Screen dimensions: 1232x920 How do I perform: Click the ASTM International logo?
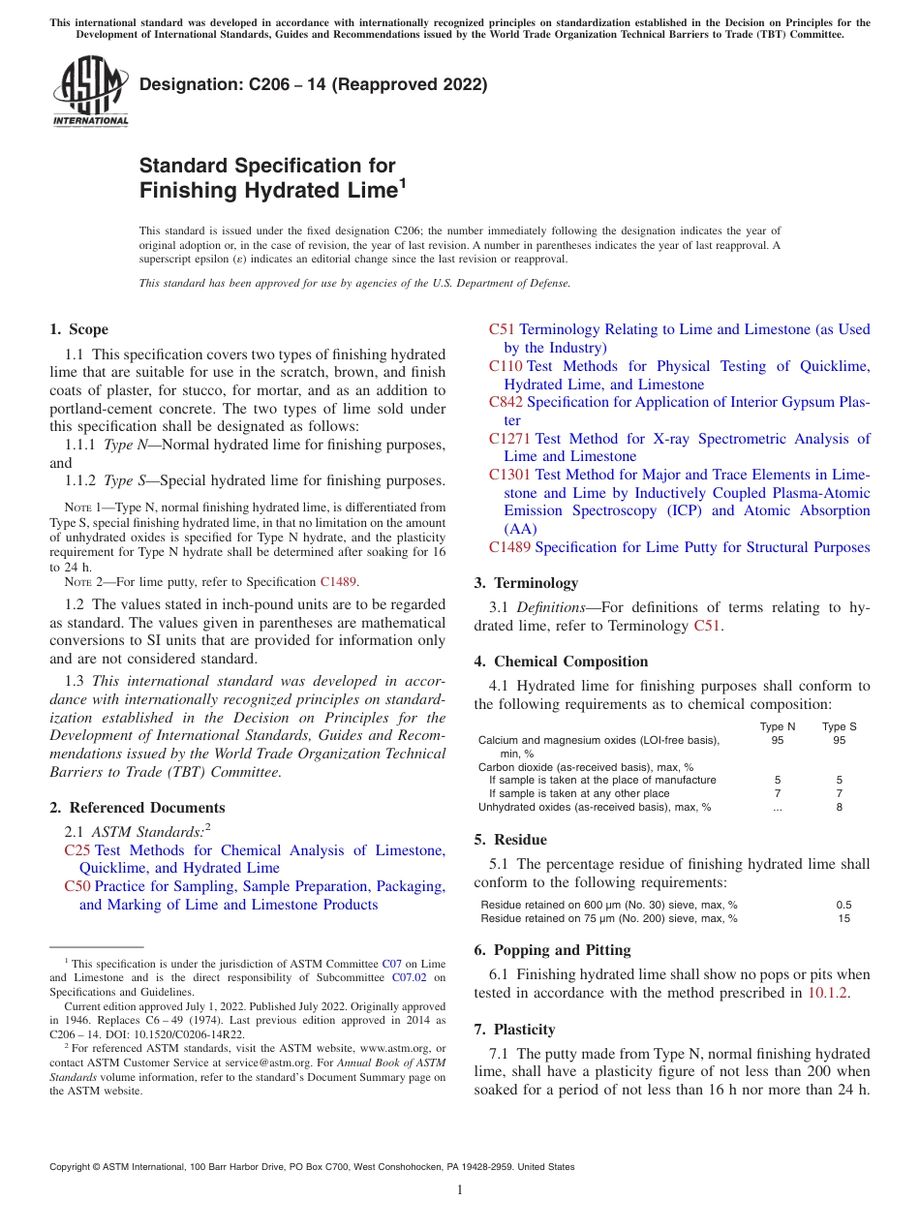[x=89, y=92]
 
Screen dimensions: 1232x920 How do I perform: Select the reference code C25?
[x=77, y=850]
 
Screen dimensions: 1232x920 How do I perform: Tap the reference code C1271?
[x=510, y=439]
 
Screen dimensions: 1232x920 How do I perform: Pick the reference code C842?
[x=506, y=402]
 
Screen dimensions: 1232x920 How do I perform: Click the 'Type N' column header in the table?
[x=778, y=726]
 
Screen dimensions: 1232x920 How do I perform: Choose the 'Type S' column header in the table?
[x=839, y=726]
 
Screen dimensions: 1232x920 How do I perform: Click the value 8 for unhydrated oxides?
[x=839, y=807]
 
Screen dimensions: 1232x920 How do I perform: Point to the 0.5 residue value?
[x=843, y=905]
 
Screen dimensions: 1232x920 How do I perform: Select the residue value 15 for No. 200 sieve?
[x=843, y=918]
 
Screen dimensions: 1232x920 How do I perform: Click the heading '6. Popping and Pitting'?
[x=552, y=950]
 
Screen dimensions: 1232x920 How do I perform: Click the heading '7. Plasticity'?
[x=514, y=1030]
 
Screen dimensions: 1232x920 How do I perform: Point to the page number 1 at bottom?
[x=460, y=1190]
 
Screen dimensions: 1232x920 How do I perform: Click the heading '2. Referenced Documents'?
[x=137, y=808]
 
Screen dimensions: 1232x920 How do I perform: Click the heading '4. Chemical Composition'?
[x=561, y=662]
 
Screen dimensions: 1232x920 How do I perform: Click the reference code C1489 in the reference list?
[x=510, y=547]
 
